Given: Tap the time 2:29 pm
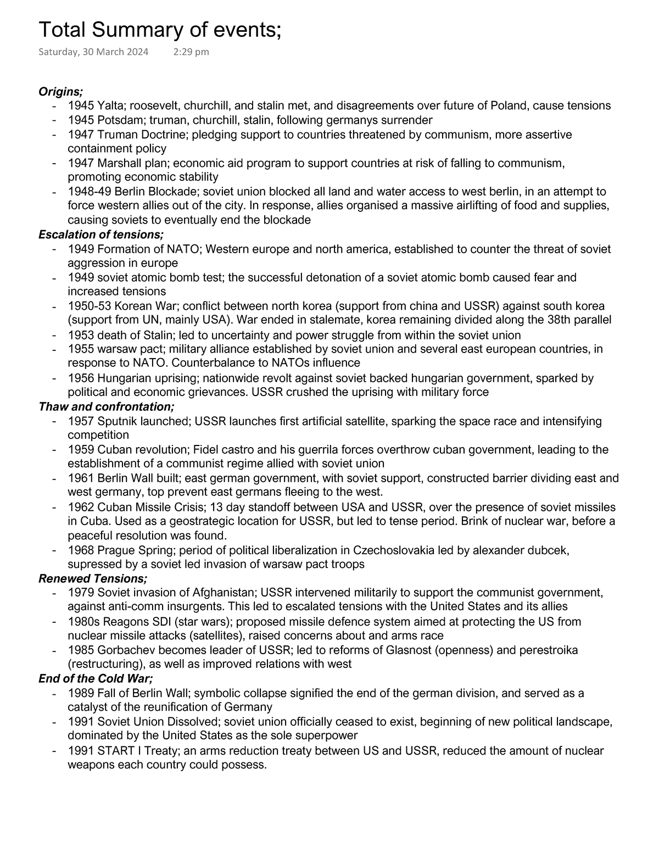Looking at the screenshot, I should point(191,52).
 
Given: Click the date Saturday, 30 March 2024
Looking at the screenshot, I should point(93,52).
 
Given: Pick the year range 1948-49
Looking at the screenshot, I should point(89,191).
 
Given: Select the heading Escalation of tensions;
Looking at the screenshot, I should point(101,235).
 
